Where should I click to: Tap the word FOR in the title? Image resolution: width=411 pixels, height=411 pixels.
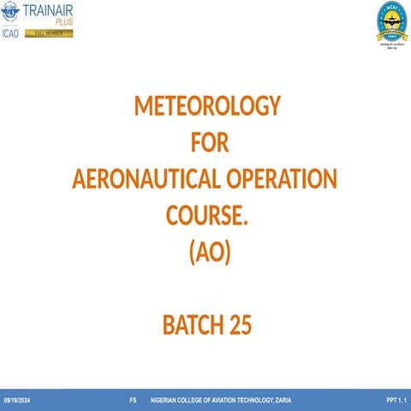click(x=208, y=142)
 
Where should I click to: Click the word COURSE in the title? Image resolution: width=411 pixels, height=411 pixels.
click(x=204, y=217)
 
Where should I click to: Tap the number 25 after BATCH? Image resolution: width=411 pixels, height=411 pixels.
click(x=240, y=325)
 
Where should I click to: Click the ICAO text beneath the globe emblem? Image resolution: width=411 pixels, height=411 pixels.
click(x=12, y=34)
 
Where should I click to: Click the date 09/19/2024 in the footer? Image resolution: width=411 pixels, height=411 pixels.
click(x=17, y=401)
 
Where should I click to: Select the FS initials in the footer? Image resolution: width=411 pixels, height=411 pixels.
click(x=133, y=401)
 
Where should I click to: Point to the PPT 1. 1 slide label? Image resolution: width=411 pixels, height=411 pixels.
click(x=396, y=401)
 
